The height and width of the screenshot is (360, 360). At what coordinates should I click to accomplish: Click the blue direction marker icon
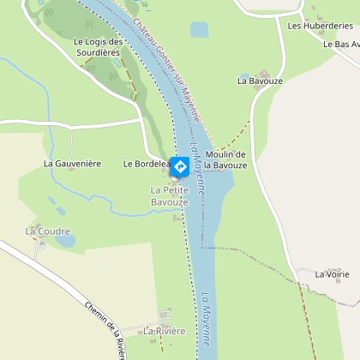click(x=181, y=165)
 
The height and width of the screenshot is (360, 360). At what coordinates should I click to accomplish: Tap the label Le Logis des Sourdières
click(x=96, y=47)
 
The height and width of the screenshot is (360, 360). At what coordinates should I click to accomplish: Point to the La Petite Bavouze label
click(x=169, y=195)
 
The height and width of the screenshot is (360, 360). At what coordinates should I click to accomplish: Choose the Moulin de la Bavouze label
click(x=225, y=159)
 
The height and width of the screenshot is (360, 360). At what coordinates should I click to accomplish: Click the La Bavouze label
click(x=255, y=81)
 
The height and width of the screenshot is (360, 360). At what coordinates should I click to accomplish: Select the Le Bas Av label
click(x=341, y=44)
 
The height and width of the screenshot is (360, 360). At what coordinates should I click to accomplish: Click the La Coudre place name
click(x=41, y=231)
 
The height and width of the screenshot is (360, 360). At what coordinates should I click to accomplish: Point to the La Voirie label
click(x=332, y=274)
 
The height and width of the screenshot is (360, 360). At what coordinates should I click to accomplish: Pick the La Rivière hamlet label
click(x=165, y=331)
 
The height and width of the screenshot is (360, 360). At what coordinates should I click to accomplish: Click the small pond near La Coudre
click(x=66, y=242)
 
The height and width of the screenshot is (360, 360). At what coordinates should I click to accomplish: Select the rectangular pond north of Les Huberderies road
click(x=199, y=31)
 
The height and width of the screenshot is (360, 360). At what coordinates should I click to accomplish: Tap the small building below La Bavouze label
click(x=262, y=72)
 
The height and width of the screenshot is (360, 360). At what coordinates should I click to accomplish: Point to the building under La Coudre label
click(x=40, y=244)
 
